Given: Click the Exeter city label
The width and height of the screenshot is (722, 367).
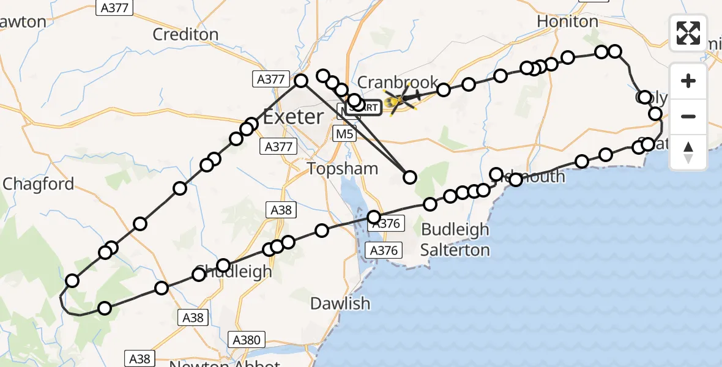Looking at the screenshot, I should click(293, 116).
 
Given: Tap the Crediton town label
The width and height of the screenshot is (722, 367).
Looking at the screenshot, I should click(185, 34).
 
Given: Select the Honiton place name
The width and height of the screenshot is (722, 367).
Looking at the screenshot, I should click(567, 21).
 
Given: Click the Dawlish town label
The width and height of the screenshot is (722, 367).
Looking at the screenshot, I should click(340, 303).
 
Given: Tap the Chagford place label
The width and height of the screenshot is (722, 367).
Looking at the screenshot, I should click(39, 184).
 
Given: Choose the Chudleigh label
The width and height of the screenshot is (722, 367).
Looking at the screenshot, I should click(233, 272).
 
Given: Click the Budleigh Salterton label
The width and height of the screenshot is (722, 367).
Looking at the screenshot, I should click(455, 240).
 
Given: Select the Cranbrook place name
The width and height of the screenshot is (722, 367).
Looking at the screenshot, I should click(398, 82).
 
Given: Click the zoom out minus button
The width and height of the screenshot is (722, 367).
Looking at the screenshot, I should click(688, 116).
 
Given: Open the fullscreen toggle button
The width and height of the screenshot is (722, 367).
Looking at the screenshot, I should click(688, 33).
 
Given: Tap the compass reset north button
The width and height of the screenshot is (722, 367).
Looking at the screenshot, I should click(688, 152).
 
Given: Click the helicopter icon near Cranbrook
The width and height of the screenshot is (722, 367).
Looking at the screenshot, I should click(401, 99).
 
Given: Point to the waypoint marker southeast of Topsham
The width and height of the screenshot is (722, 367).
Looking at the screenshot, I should click(410, 177).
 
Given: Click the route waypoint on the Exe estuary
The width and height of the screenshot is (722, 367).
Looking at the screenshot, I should click(374, 217).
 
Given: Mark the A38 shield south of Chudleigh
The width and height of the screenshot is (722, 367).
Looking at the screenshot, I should click(193, 317).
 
